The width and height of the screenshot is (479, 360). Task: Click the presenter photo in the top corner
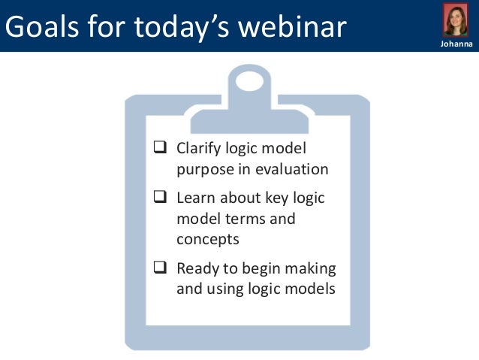point(455,21)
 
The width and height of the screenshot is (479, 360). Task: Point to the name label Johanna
point(455,46)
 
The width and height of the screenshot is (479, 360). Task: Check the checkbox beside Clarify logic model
point(159,148)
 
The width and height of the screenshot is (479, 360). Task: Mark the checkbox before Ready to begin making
point(159,268)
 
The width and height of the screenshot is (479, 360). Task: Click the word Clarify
point(199,148)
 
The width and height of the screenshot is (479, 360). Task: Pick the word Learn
point(195,199)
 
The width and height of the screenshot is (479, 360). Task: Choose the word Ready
point(197,268)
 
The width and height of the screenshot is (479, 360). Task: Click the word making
point(309,268)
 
